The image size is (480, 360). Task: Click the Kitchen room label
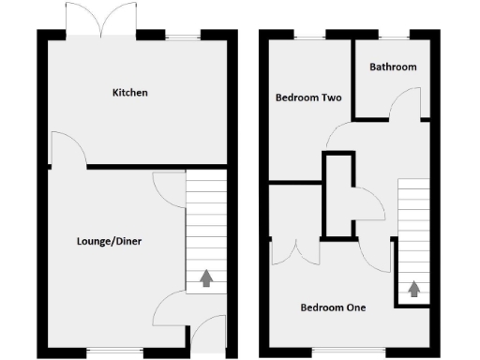coord(130,93)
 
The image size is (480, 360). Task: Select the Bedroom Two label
coord(307,97)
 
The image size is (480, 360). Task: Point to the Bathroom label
coord(393,67)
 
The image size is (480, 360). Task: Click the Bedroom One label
coord(333,307)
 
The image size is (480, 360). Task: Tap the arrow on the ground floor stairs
coord(206,277)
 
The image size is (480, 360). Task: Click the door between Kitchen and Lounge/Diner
coord(63,148)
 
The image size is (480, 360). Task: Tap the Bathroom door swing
coord(404,103)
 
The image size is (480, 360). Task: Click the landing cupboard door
coord(365,202)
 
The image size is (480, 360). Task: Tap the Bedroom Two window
coord(307,36)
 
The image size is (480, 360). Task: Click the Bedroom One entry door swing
coord(373,255)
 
